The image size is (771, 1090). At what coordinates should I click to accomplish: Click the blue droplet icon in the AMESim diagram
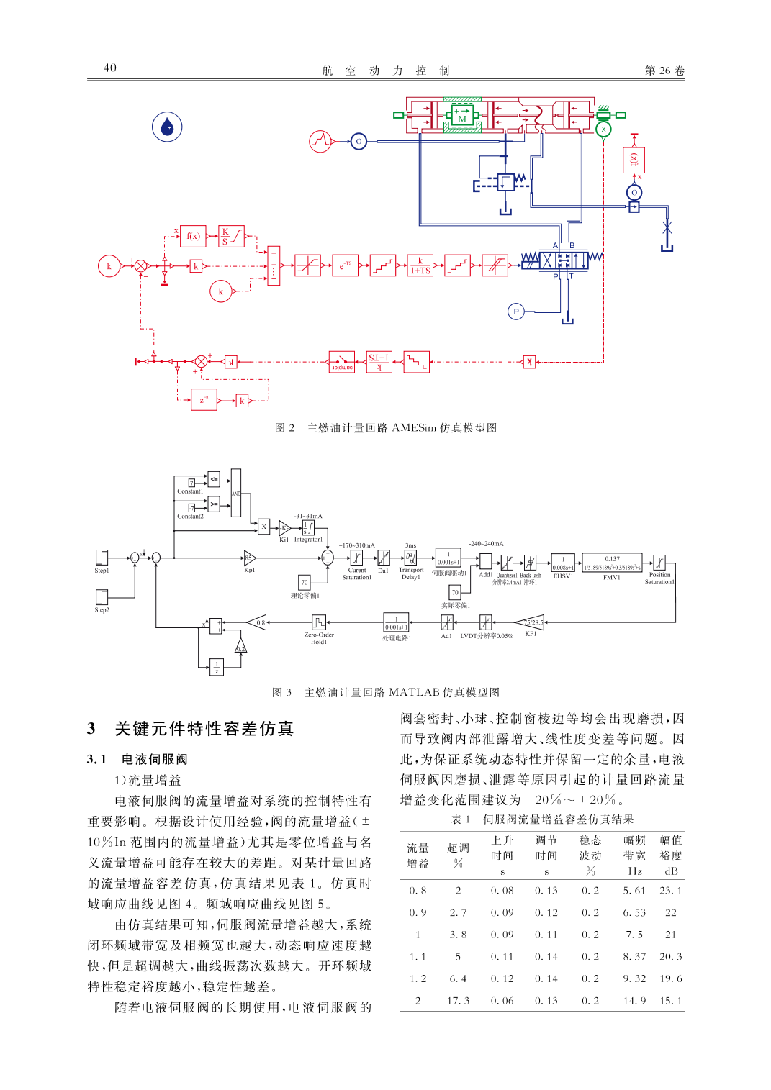167,127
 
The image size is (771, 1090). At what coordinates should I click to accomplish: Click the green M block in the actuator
462,118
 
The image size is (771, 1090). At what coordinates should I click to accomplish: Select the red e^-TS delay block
345,265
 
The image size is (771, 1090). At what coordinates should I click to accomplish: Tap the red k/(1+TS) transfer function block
420,265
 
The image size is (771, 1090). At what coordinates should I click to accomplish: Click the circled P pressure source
515,312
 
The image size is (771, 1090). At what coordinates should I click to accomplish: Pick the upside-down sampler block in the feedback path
341,362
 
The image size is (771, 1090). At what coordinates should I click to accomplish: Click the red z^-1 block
204,400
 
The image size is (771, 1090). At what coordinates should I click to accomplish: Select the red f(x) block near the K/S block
193,236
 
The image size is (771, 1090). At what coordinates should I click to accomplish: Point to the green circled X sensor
603,130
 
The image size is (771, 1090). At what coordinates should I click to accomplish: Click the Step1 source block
102,558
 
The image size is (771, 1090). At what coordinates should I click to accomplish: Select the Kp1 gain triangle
249,558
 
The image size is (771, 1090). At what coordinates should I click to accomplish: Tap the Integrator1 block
308,528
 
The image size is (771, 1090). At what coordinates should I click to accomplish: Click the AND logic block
236,494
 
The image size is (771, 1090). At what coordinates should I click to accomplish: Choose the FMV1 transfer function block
612,563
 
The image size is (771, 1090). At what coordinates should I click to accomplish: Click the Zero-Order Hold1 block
319,622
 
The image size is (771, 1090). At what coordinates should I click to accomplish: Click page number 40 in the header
109,68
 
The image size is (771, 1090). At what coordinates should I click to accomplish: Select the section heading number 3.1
96,759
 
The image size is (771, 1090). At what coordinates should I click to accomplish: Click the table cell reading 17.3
458,1001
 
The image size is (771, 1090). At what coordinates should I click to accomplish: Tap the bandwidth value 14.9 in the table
634,1001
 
